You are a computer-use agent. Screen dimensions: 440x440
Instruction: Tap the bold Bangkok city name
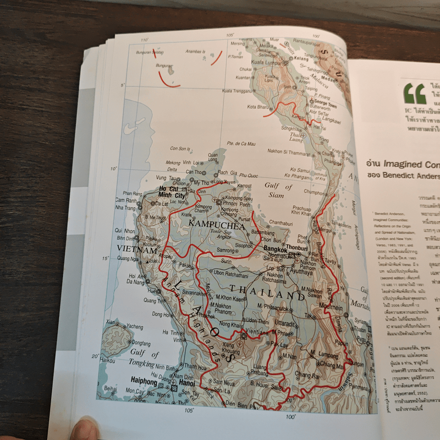coord(276,249)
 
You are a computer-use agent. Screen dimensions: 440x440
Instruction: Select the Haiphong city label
coord(145,380)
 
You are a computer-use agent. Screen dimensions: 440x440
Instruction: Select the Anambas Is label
coord(196,50)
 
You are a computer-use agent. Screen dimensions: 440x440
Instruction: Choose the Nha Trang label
coord(126,208)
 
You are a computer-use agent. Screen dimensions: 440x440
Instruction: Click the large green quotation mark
coord(415,93)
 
